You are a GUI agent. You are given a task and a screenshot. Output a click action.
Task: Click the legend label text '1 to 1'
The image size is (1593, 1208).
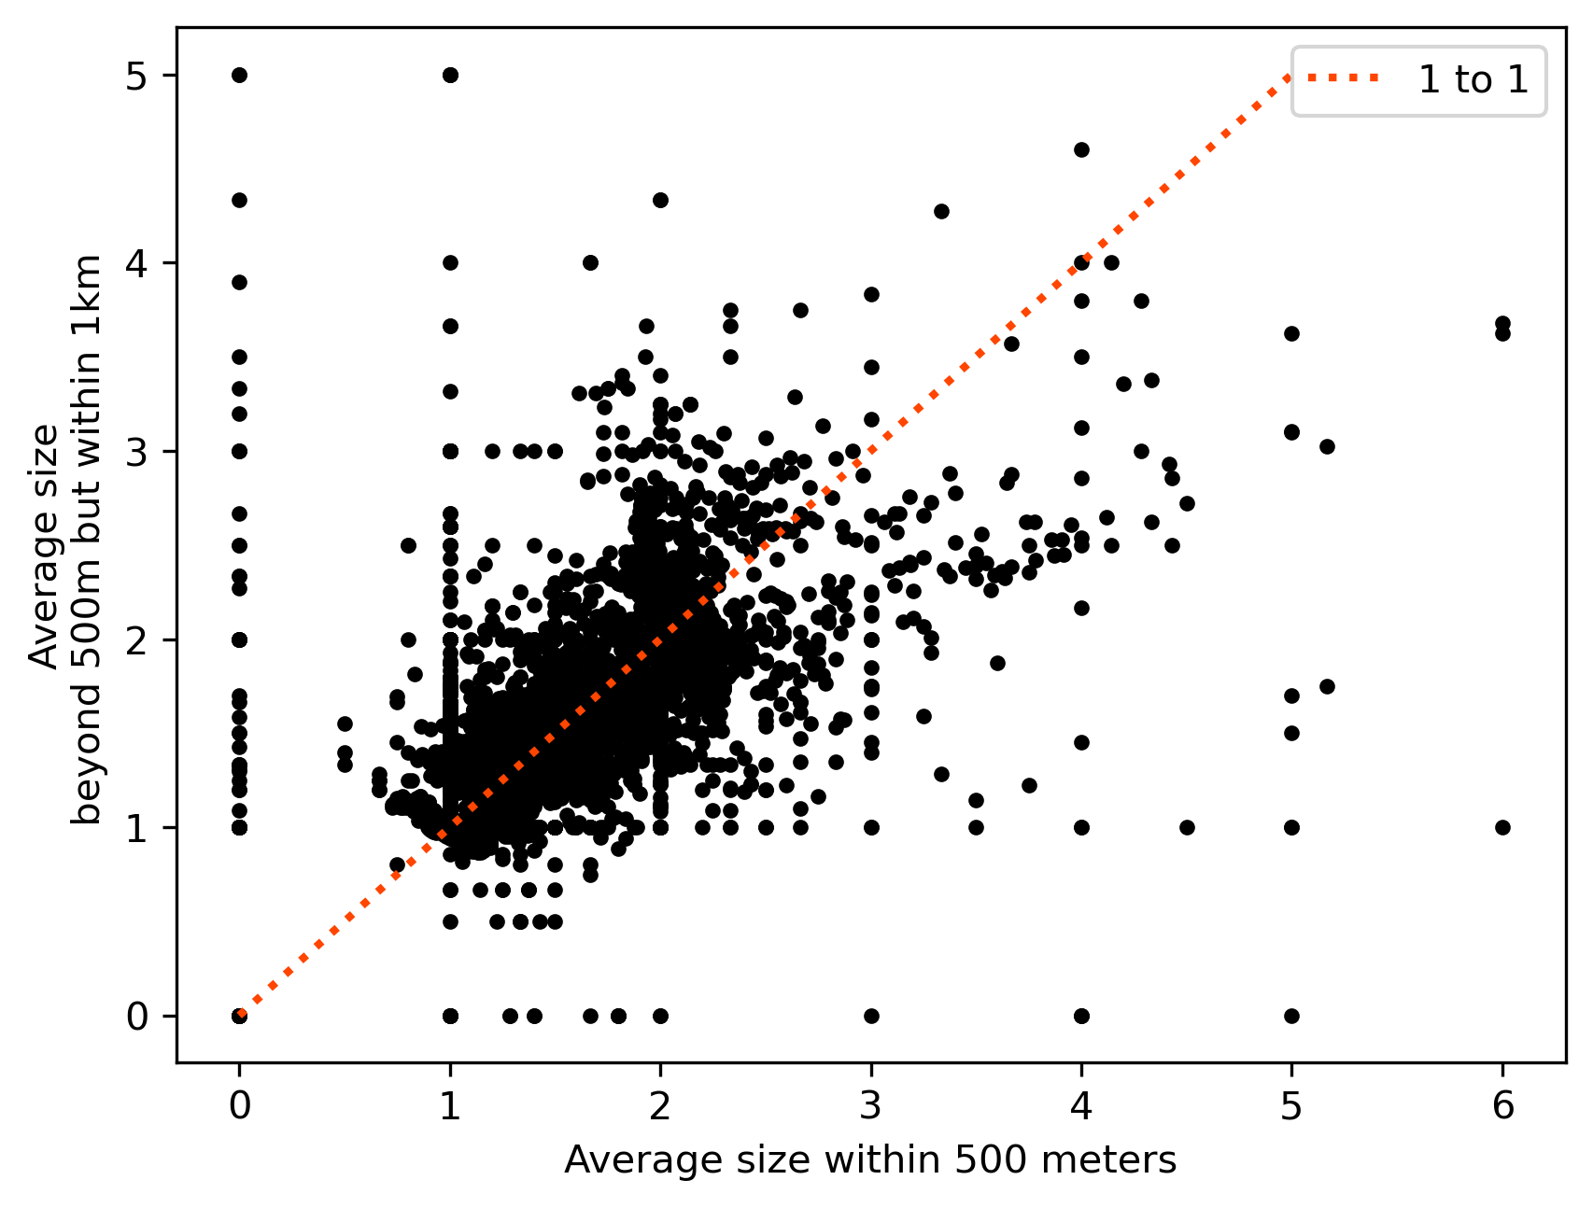[x=1473, y=80]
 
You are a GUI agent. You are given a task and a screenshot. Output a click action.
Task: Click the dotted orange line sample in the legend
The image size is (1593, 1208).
[x=1343, y=80]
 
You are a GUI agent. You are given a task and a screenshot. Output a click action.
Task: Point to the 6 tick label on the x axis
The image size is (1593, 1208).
[x=1502, y=1106]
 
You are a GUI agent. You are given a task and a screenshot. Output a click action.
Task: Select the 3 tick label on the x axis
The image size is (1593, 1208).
[x=871, y=1106]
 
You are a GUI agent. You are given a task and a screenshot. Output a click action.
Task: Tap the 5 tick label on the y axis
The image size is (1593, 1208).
[x=137, y=76]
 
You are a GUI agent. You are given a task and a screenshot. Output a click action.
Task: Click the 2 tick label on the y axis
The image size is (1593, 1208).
[x=137, y=640]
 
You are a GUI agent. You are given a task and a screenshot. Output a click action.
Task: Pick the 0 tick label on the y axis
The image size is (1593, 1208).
[x=137, y=1017]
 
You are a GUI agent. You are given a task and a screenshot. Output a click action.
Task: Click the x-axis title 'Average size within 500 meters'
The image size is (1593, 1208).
[x=870, y=1160]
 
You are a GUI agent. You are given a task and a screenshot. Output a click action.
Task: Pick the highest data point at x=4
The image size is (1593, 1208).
[x=1081, y=150]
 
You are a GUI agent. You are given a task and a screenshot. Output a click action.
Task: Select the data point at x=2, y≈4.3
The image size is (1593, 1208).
[x=660, y=200]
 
